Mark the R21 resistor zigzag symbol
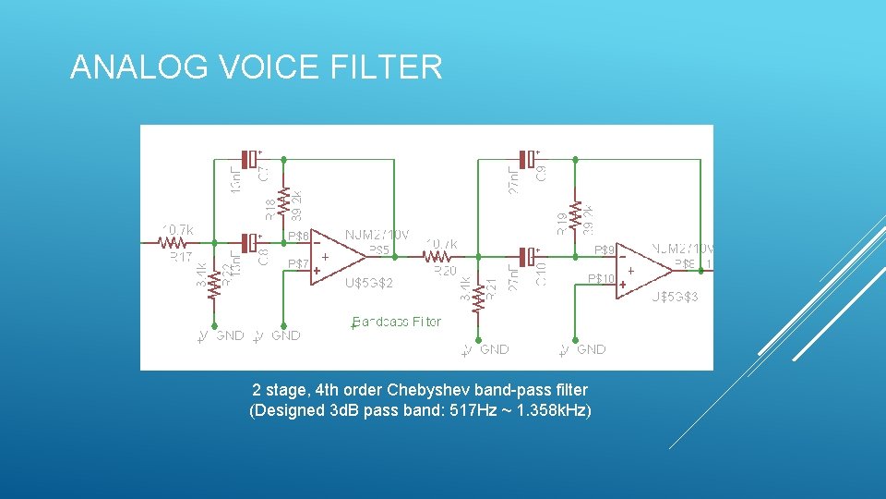click(478, 298)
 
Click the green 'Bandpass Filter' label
click(398, 323)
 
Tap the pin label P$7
click(298, 264)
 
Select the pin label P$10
click(601, 278)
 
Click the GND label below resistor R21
click(494, 349)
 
